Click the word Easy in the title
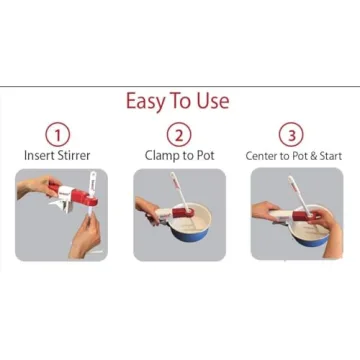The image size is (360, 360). [146, 101]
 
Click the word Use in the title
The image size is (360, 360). [212, 101]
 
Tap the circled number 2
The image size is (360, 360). [178, 134]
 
